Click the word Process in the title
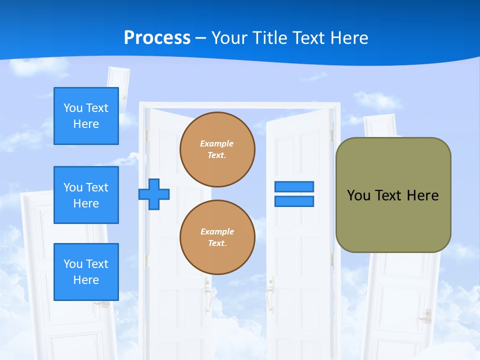pyautogui.click(x=157, y=37)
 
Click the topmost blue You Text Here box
pyautogui.click(x=86, y=116)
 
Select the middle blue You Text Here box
pyautogui.click(x=86, y=195)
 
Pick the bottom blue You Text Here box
pyautogui.click(x=86, y=272)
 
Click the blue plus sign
pyautogui.click(x=154, y=194)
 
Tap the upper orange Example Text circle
pyautogui.click(x=217, y=149)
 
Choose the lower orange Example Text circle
pyautogui.click(x=217, y=237)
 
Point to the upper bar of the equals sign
pyautogui.click(x=294, y=186)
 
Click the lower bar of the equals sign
pyautogui.click(x=294, y=201)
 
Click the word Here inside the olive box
pyautogui.click(x=422, y=195)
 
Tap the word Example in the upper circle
pyautogui.click(x=217, y=143)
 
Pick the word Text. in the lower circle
pyautogui.click(x=217, y=243)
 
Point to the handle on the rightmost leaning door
pyautogui.click(x=427, y=315)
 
